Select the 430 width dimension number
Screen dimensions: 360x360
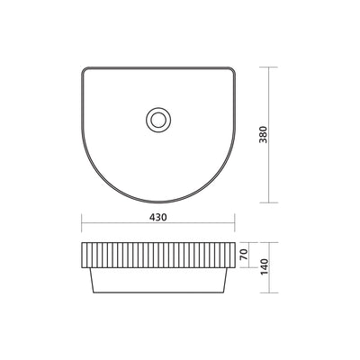[158, 217]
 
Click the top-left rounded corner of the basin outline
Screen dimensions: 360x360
[86, 70]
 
